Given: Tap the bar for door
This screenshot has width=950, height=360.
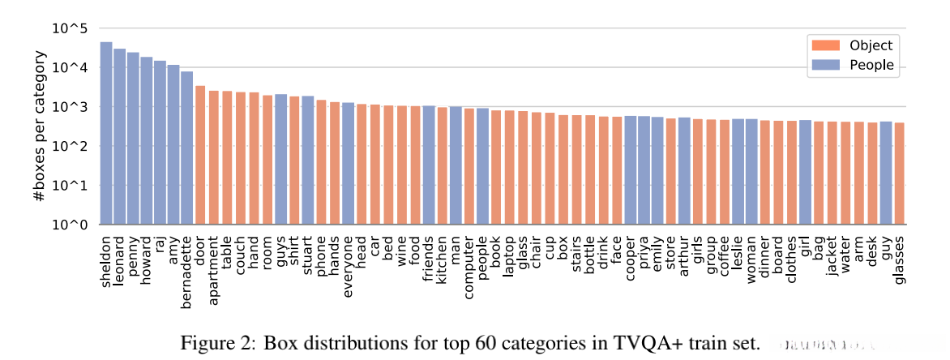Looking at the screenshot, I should (200, 155).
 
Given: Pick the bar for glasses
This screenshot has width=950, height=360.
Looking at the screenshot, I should (899, 174).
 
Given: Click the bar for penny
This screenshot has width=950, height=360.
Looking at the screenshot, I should (133, 138).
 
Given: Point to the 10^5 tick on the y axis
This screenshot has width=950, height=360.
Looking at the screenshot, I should (71, 29).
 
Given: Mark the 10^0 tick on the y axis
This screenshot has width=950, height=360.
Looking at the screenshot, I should (71, 225).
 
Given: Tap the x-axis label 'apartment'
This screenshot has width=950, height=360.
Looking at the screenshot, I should (214, 264).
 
